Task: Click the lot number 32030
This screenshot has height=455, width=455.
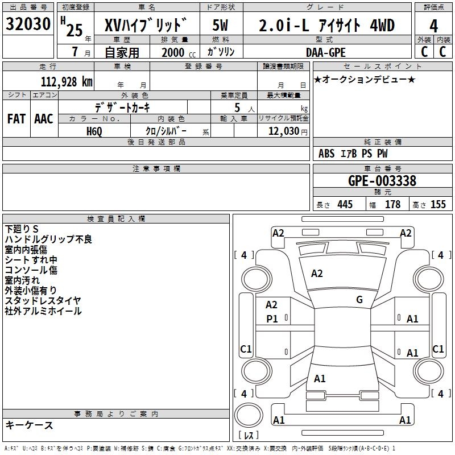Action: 28,24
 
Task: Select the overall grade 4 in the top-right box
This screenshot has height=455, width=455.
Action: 433,26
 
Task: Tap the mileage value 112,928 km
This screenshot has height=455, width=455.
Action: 67,82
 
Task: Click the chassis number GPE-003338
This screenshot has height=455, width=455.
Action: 382,181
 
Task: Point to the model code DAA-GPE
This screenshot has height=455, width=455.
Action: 325,52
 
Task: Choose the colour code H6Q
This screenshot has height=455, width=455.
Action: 94,131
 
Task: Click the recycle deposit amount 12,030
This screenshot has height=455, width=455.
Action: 283,131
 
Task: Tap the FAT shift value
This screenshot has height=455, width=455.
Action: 16,119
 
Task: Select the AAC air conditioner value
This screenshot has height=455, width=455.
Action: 44,119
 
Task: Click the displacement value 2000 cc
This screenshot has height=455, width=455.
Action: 179,52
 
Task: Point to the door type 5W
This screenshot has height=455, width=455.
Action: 220,25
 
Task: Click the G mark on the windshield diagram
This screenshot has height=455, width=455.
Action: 359,299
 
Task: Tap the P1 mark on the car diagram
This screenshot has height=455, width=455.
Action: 272,319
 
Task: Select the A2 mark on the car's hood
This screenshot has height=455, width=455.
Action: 317,274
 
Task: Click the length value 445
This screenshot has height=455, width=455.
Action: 345,204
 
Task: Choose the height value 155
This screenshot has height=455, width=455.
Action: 438,204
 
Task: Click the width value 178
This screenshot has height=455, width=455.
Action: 392,204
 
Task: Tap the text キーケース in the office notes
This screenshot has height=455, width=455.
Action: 30,425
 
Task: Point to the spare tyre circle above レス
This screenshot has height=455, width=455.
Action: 249,415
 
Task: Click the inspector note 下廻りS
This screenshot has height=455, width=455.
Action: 22,229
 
